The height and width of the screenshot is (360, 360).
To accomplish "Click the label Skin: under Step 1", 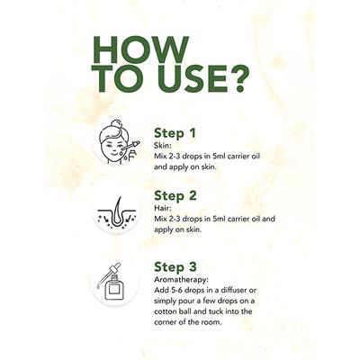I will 163,146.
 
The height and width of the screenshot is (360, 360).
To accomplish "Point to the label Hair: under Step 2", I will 163,209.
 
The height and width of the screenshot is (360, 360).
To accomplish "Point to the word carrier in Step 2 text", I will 237,219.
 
